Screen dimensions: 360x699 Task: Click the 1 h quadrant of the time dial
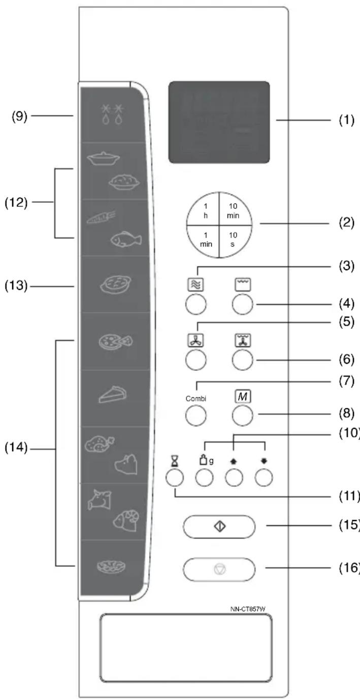pos(204,210)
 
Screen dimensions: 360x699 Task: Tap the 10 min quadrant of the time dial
pos(234,210)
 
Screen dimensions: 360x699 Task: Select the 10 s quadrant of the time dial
pos(234,240)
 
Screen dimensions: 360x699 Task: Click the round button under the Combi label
pos(196,416)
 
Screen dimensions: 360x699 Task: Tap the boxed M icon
pos(243,396)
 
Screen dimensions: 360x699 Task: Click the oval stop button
pos(219,569)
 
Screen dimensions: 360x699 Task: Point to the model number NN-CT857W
pos(248,609)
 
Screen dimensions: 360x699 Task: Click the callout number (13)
pos(16,285)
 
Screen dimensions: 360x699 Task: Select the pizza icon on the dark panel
pos(115,342)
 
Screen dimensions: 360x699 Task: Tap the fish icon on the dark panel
pos(126,239)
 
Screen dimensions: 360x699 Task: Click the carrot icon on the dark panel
pos(101,217)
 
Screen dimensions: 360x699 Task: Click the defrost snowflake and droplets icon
pos(112,114)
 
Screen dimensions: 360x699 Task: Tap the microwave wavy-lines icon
pos(195,284)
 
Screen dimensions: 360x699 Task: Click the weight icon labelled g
pos(206,460)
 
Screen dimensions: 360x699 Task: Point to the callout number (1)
pos(347,120)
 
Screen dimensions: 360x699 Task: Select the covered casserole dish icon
pos(103,158)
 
